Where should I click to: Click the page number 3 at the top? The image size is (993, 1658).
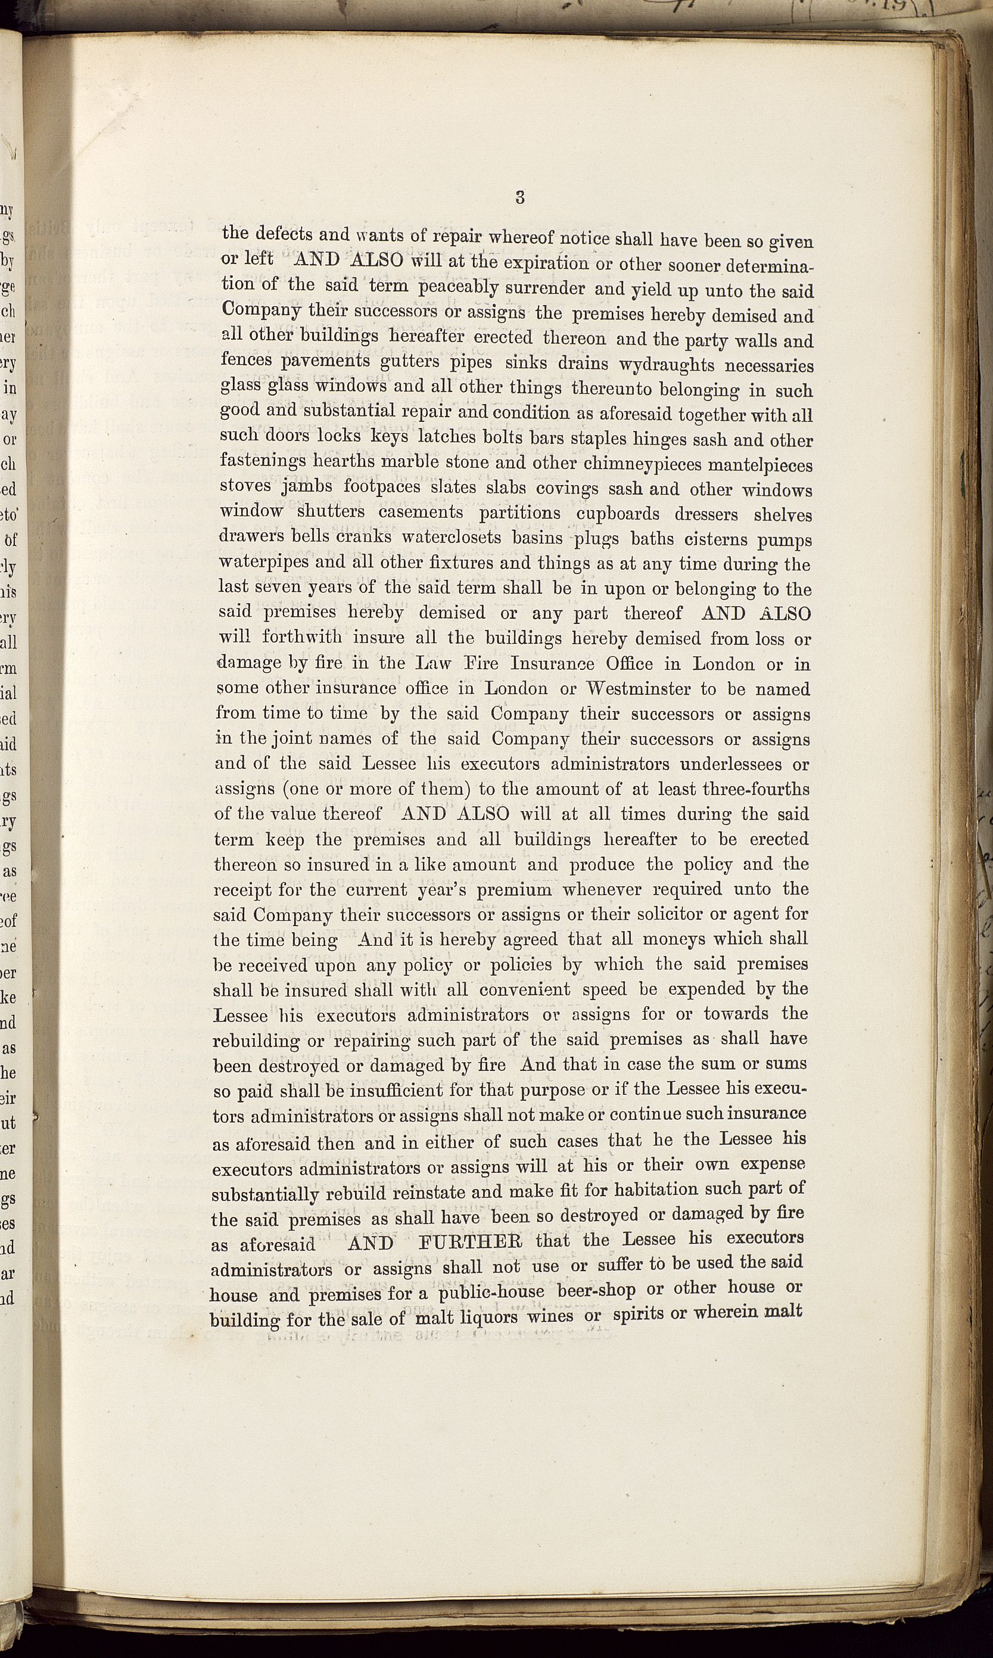click(520, 197)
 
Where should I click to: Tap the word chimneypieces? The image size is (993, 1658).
click(641, 464)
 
